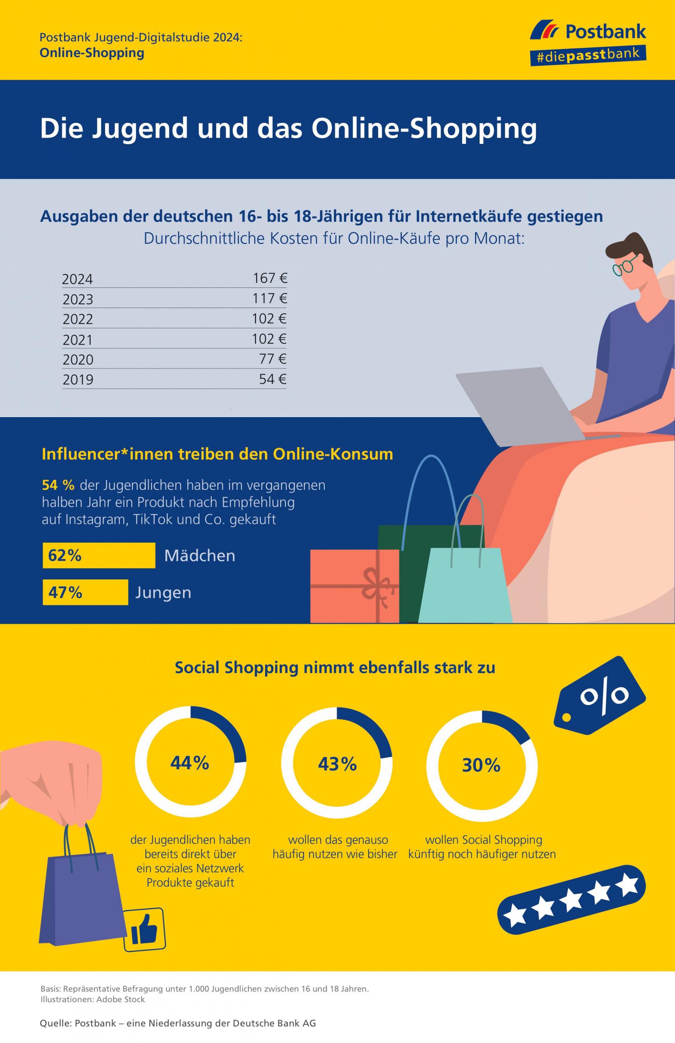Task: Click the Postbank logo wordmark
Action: coord(605,32)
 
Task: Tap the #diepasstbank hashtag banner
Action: coord(587,56)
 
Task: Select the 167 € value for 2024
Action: coord(270,278)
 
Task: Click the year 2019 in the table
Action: coord(78,379)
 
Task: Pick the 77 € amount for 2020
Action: coord(273,359)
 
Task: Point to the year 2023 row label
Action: coord(78,300)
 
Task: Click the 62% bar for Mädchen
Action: coord(99,555)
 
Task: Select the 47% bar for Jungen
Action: coord(85,592)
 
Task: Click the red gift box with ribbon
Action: coord(354,586)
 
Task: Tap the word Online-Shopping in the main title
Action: coord(424,129)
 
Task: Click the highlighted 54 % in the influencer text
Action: coord(58,485)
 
